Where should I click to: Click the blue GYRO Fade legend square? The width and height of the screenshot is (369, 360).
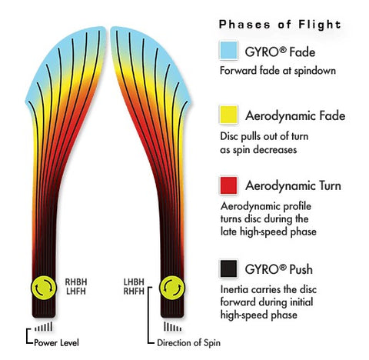click(228, 50)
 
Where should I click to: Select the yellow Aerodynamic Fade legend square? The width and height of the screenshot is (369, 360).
click(228, 115)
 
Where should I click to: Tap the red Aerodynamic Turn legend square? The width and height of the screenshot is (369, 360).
click(228, 185)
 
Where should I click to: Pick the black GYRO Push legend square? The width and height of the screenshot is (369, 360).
click(228, 268)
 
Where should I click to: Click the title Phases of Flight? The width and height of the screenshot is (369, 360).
click(280, 25)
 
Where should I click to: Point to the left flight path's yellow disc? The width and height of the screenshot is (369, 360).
click(44, 288)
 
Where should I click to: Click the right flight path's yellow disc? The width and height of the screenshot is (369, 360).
click(172, 288)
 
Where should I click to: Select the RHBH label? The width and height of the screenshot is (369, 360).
click(76, 282)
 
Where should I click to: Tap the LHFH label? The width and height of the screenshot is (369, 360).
click(76, 292)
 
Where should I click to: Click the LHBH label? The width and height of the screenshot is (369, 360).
click(134, 282)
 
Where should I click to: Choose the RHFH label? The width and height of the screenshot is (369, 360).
click(134, 292)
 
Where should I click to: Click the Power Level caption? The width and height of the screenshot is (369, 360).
click(56, 343)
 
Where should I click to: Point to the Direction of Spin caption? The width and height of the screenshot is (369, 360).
click(188, 343)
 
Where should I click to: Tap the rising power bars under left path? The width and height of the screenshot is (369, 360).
click(44, 327)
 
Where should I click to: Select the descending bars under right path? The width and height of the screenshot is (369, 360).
click(172, 327)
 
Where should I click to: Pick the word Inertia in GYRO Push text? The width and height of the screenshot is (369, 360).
click(234, 289)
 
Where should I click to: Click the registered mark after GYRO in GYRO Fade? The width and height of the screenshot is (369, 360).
click(282, 50)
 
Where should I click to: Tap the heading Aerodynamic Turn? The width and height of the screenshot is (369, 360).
click(293, 185)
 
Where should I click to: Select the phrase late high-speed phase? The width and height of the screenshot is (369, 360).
click(268, 232)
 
